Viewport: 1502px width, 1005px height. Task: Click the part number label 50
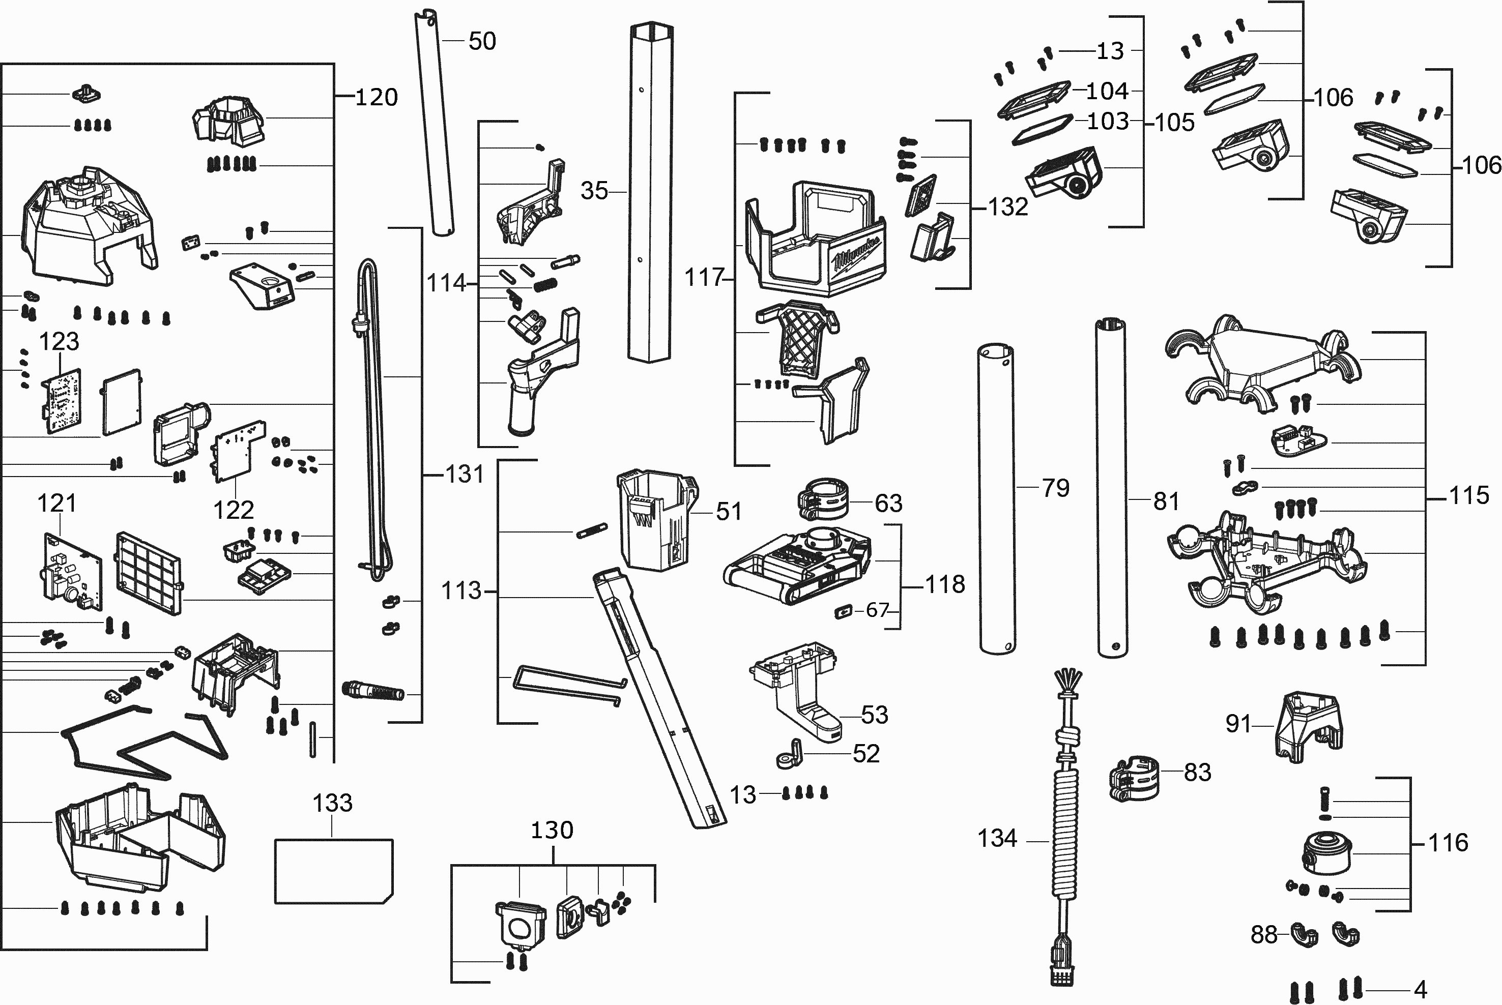482,42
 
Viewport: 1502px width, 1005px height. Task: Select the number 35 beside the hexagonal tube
594,191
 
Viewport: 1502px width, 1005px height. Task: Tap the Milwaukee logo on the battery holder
856,254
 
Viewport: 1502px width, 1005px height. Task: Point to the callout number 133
332,803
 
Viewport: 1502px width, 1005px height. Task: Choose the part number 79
1056,488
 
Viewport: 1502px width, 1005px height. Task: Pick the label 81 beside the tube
1166,501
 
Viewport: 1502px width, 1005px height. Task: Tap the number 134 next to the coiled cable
997,838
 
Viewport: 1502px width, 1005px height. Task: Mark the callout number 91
1238,724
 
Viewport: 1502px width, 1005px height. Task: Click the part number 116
1448,843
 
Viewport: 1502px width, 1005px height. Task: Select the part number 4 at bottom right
1420,990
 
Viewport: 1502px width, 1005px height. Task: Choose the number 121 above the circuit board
56,504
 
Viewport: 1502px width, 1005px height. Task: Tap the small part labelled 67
843,611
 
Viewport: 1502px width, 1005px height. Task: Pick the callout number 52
866,754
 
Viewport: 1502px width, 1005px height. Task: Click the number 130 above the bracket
552,831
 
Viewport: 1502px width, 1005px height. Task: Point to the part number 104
1107,92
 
